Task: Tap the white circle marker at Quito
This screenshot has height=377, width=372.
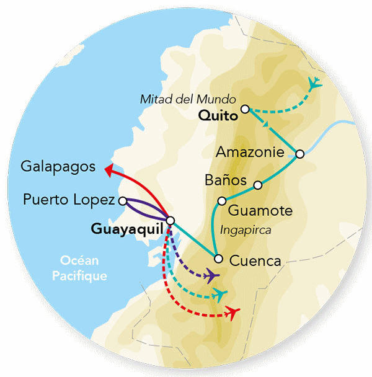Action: point(245,109)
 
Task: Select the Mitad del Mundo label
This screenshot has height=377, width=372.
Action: point(188,99)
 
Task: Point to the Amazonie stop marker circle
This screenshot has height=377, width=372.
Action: point(300,154)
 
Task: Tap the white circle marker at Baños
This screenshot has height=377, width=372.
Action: point(258,184)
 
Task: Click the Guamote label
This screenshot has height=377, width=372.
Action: point(260,211)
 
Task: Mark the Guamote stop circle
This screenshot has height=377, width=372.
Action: point(221,201)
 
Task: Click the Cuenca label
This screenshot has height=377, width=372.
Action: point(255,260)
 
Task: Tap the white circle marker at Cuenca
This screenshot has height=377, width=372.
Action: point(218,259)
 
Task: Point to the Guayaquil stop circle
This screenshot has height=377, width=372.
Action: point(170,220)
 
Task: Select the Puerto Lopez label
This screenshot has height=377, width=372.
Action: point(68,200)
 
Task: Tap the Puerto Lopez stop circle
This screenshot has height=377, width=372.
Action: point(122,200)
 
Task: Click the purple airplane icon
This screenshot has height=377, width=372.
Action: point(212,275)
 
